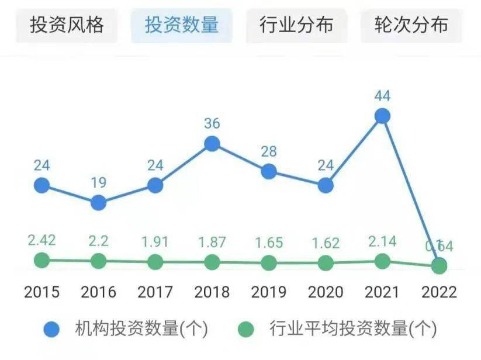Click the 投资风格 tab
[67, 25]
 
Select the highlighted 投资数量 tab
[182, 25]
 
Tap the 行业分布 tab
[296, 25]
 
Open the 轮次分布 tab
[411, 25]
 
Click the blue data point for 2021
[382, 116]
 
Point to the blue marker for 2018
[212, 143]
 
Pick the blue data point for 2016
[98, 203]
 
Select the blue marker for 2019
[268, 171]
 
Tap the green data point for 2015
[41, 260]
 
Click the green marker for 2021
[382, 261]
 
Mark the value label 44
[382, 96]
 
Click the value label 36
[212, 124]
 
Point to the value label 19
[98, 183]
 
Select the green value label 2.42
[41, 241]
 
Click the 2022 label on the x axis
[439, 292]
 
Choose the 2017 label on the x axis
[155, 292]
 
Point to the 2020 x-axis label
[326, 292]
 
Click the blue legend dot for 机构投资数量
[52, 330]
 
